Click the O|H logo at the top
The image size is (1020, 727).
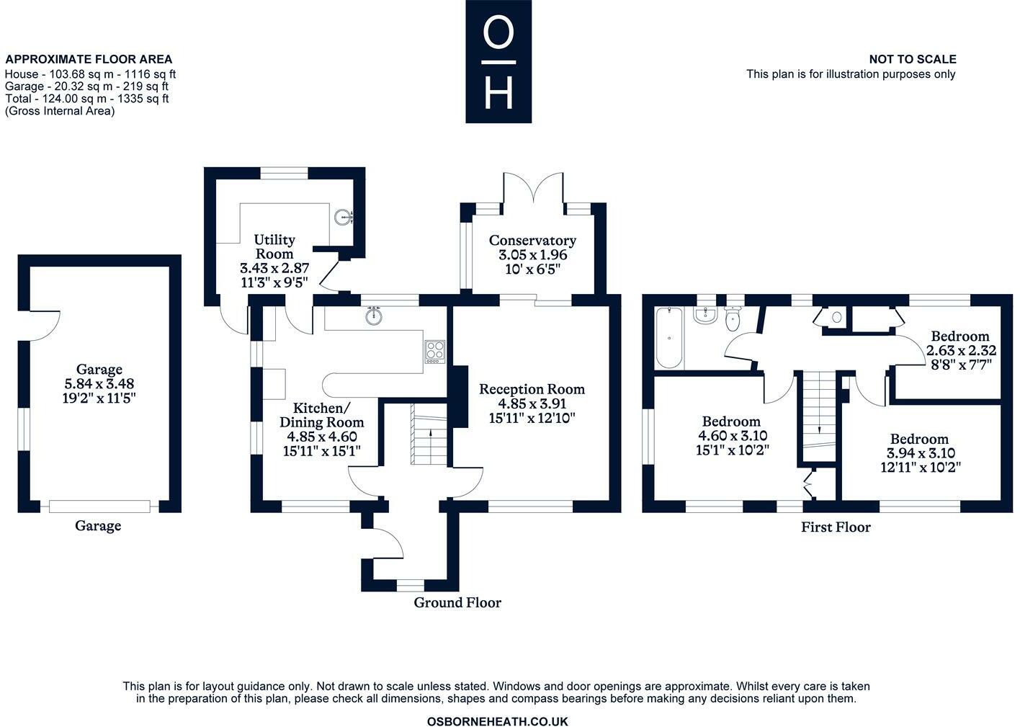(x=498, y=61)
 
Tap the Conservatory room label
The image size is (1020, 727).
(x=532, y=241)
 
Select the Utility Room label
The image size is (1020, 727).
(x=274, y=246)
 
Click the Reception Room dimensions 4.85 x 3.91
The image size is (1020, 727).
(x=532, y=403)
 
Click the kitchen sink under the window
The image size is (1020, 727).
(x=373, y=316)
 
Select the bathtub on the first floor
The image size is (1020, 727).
(x=669, y=337)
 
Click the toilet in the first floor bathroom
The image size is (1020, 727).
(x=733, y=318)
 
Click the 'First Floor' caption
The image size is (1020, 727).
(x=836, y=527)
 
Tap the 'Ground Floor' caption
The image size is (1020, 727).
(x=457, y=602)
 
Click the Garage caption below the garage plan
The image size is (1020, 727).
(x=98, y=526)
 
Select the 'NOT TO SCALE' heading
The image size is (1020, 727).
(x=913, y=60)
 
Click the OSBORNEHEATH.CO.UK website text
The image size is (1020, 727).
(x=498, y=721)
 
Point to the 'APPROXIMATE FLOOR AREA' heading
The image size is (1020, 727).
(x=89, y=60)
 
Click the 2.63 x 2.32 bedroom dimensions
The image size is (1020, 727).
(x=961, y=351)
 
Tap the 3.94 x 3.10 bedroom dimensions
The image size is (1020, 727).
(x=920, y=453)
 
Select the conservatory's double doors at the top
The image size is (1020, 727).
(x=532, y=189)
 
